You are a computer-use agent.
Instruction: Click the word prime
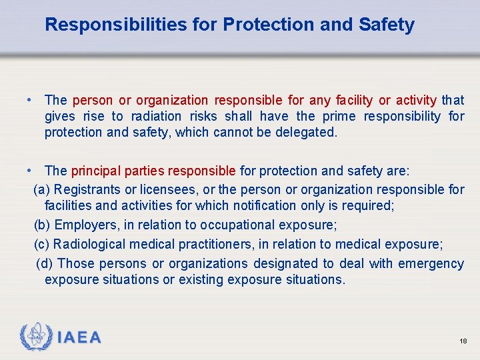tap(340, 116)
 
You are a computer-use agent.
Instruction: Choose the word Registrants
tap(88, 189)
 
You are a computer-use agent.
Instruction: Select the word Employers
tap(83, 225)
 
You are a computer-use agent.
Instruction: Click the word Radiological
tap(87, 244)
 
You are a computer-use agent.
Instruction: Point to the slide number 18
tap(463, 341)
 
